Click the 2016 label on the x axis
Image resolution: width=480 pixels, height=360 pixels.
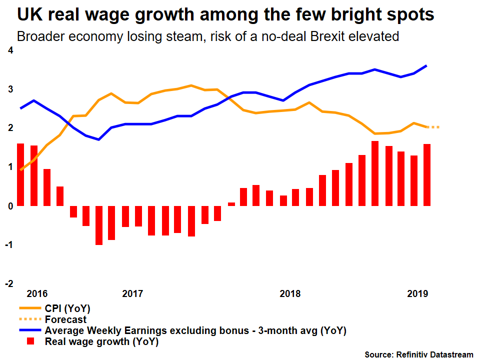(x=37, y=293)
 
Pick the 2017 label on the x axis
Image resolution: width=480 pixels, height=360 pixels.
(x=132, y=293)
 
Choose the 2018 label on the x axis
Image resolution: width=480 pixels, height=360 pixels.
(x=290, y=293)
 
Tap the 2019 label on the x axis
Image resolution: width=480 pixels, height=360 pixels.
(x=417, y=293)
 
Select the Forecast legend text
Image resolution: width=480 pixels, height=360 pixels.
(x=65, y=319)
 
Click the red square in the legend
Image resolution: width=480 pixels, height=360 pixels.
(x=30, y=341)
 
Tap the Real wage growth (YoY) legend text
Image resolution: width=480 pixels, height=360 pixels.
(x=101, y=342)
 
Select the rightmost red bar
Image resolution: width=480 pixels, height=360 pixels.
(x=427, y=174)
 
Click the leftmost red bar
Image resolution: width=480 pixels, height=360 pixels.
(x=20, y=174)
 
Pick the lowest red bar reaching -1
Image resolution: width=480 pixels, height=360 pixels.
(x=99, y=225)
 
